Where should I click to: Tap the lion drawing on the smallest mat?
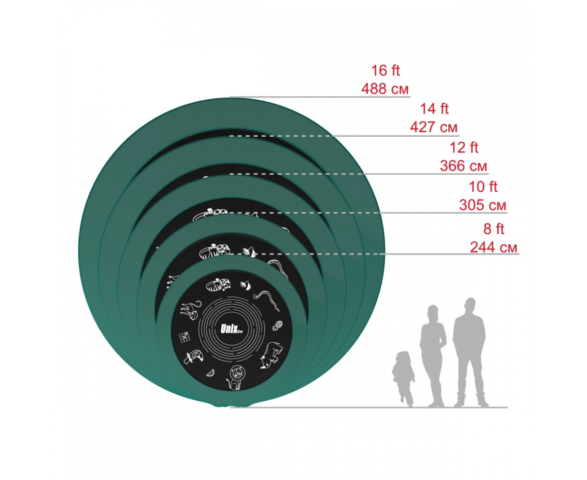tap(236, 377)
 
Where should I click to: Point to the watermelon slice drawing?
tap(210, 373)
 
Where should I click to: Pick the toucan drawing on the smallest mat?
tap(192, 357)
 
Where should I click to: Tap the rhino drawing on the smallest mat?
tap(271, 356)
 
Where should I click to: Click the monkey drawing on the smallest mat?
tap(190, 311)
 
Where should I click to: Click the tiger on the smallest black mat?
tap(219, 285)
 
